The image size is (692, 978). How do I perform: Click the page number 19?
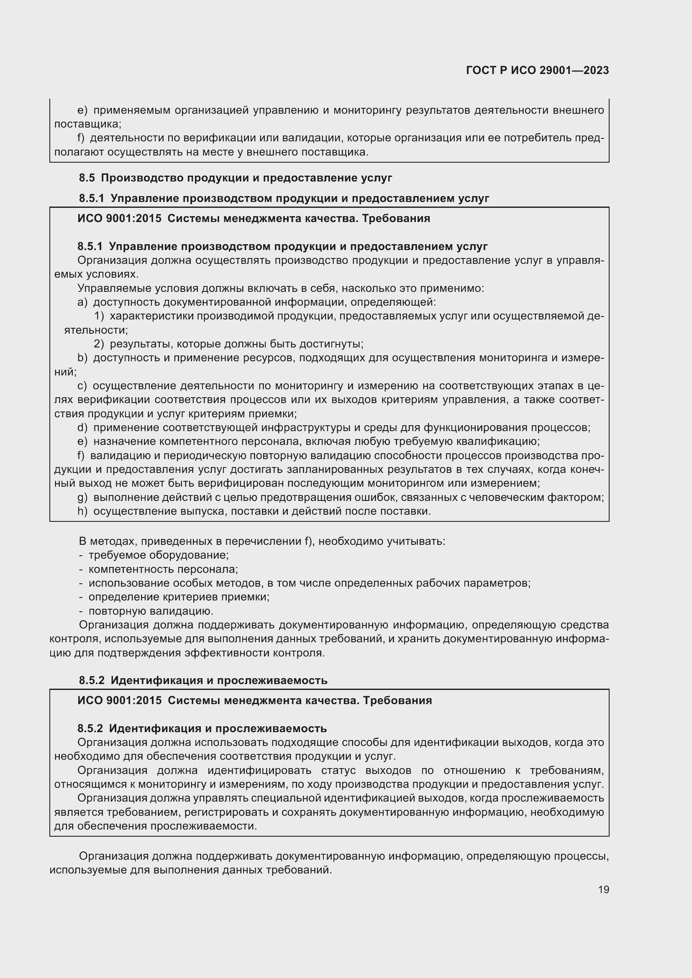tap(603, 889)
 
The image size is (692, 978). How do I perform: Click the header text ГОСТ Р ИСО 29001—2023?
tap(537, 71)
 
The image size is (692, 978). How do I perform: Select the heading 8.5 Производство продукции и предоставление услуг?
tap(235, 178)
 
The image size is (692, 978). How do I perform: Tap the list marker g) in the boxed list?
tap(82, 498)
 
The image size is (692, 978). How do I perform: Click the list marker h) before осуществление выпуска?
tap(82, 511)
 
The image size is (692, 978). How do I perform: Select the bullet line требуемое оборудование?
tap(158, 555)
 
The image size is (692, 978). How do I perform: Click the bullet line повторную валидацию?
tap(151, 611)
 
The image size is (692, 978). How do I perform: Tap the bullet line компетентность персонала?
tap(163, 569)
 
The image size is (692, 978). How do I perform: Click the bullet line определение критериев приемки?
tap(179, 597)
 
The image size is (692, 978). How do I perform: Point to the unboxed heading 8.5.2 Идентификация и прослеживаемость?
tap(203, 680)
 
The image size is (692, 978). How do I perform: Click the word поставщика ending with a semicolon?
tap(87, 124)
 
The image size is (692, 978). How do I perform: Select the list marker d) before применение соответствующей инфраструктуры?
tap(82, 428)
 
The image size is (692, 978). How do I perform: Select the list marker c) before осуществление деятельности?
tap(82, 386)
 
